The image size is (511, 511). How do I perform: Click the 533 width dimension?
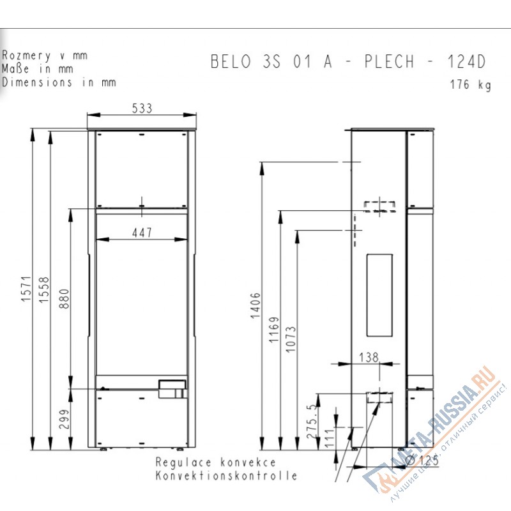click(x=142, y=108)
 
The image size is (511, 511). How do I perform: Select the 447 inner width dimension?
click(x=142, y=233)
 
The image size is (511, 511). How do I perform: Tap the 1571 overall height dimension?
click(x=26, y=289)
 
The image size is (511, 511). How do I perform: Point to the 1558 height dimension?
click(x=44, y=290)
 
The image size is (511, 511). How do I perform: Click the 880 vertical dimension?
click(x=65, y=299)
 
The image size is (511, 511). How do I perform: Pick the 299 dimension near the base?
click(x=65, y=419)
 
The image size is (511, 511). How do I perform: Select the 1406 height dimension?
click(x=256, y=305)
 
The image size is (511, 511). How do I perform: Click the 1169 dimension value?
click(x=274, y=330)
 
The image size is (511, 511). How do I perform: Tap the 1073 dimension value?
click(x=291, y=339)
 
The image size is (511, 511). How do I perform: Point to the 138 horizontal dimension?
click(x=369, y=358)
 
